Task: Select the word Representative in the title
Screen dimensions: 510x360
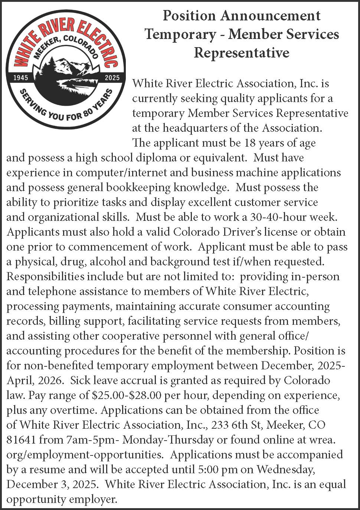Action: pos(241,53)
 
